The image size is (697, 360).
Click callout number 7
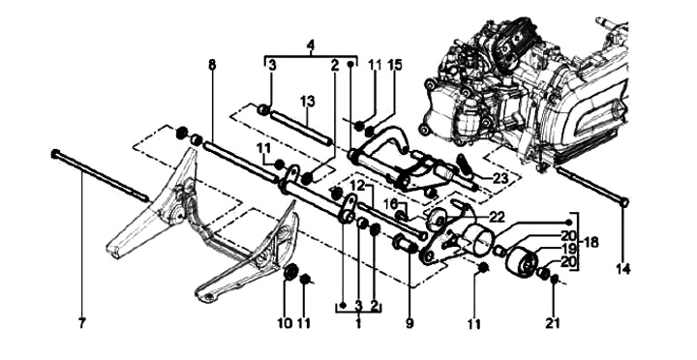tap(81, 324)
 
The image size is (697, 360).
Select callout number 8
tap(212, 65)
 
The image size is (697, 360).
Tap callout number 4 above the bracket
tap(311, 45)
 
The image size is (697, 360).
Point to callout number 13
tap(307, 101)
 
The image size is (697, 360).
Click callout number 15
tap(394, 65)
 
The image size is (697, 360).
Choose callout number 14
tap(622, 268)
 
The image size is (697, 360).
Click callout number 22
tap(497, 217)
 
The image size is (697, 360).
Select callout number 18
tap(590, 243)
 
